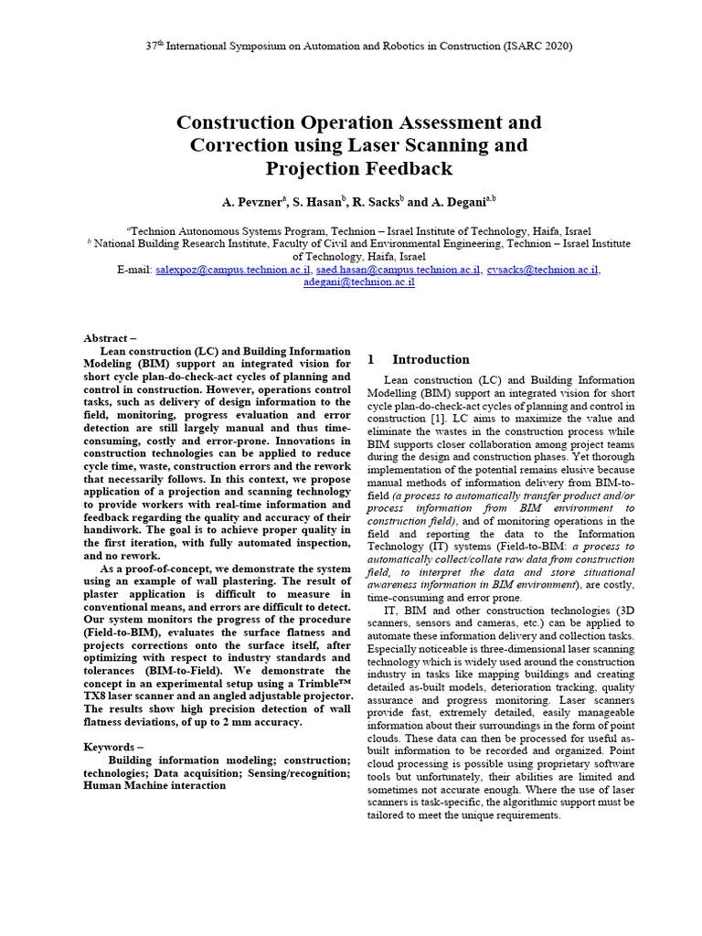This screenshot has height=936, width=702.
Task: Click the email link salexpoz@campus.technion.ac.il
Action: pyautogui.click(x=233, y=271)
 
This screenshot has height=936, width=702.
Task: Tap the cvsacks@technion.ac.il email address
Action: pyautogui.click(x=543, y=271)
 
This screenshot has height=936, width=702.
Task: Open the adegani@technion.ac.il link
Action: pyautogui.click(x=358, y=283)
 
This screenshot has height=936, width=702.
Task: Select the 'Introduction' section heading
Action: pyautogui.click(x=431, y=360)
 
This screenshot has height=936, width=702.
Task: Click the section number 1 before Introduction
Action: pyautogui.click(x=370, y=360)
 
